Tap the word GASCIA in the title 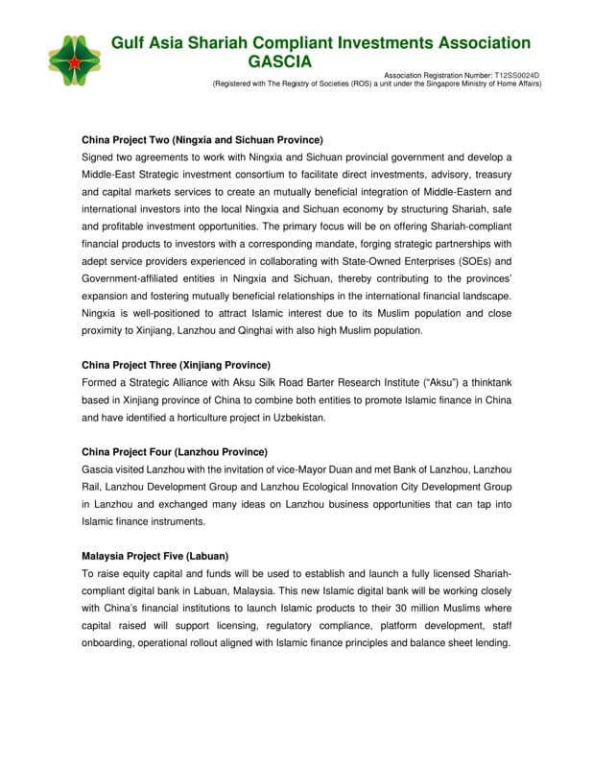278,62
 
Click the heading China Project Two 202,139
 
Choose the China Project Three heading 177,365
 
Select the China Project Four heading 175,451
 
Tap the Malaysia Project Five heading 155,556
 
